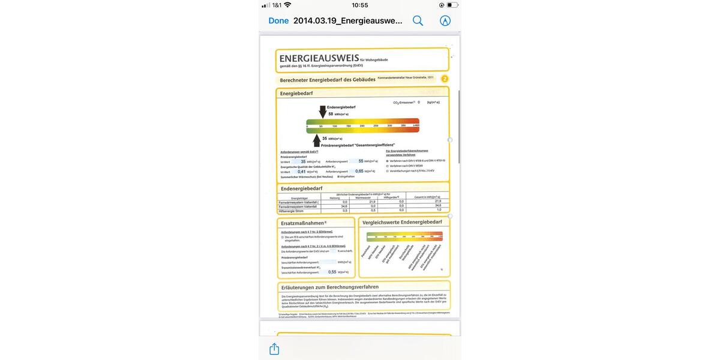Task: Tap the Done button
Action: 278,20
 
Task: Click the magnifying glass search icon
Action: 418,20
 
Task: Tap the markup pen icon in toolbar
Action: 445,20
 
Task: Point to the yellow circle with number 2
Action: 445,79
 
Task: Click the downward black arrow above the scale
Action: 323,112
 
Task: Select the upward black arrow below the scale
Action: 316,140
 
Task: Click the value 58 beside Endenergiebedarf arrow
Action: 331,113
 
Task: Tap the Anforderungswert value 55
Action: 361,161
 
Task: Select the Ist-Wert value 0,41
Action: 302,172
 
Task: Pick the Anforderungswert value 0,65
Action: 359,172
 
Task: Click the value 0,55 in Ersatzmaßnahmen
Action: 332,272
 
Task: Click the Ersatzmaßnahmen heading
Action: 304,223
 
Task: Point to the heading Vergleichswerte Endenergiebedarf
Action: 403,223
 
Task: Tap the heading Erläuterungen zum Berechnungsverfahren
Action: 330,287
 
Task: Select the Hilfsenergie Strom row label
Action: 292,210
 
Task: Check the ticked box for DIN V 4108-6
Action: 387,161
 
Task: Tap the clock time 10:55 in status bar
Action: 360,5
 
